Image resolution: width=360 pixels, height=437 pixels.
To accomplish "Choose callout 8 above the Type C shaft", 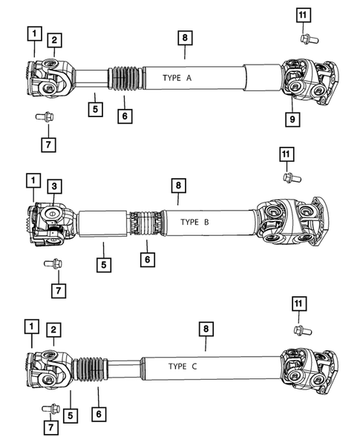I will click(206, 327).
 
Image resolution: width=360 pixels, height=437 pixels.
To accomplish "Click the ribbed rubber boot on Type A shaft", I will click(123, 78).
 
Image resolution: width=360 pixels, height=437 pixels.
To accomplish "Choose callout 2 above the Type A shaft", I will click(55, 39).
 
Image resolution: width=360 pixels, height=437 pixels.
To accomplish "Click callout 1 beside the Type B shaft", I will click(33, 180).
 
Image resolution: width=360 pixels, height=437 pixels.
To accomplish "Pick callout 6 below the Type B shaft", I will click(147, 259).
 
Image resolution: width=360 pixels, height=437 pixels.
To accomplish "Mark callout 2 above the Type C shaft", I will click(53, 329).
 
